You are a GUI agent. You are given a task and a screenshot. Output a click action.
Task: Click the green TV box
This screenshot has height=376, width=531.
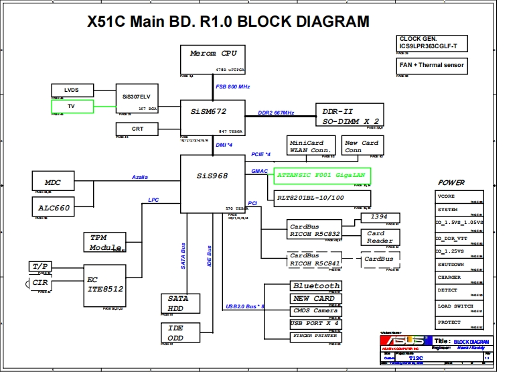point(71,106)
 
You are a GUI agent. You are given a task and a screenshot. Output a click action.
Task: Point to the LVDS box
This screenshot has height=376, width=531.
point(71,90)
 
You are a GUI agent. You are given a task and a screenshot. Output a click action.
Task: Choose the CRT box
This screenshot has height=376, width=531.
point(137,129)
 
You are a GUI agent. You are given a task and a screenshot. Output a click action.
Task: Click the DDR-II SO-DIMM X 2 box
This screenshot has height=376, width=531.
point(350,115)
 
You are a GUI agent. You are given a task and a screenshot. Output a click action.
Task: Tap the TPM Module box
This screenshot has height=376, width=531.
point(106,242)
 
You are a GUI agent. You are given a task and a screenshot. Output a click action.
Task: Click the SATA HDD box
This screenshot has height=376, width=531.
point(180,304)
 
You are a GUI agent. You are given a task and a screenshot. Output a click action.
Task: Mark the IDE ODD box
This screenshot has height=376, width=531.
point(180,332)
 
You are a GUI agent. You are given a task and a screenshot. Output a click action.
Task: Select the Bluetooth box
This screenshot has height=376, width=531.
point(316,286)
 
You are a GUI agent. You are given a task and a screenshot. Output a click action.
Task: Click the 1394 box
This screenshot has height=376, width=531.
point(380,217)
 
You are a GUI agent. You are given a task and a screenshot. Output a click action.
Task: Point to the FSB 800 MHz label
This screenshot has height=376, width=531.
point(232,87)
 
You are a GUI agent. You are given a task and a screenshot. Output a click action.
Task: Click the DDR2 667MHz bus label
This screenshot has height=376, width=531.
point(276,113)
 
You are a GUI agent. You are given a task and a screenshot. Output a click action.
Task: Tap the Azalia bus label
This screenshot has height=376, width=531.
point(140,177)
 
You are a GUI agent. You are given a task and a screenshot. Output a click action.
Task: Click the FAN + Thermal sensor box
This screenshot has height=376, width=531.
point(432,65)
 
